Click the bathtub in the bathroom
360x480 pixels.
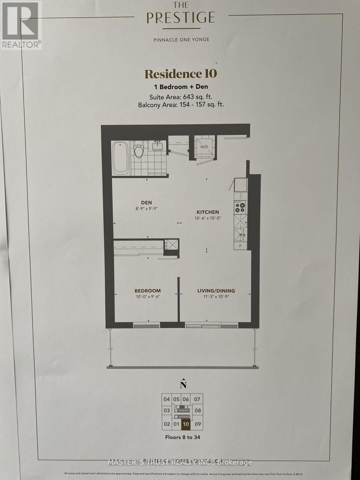121,158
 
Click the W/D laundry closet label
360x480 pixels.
204,147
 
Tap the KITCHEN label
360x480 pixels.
207,212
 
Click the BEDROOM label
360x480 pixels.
148,291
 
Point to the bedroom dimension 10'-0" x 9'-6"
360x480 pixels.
148,297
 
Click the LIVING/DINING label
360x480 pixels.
216,291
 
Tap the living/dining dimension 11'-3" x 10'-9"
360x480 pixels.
216,297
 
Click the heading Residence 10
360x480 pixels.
180,74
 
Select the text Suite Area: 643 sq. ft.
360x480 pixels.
180,97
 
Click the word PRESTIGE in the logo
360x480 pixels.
180,18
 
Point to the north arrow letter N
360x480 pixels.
183,385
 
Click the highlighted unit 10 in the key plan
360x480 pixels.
185,424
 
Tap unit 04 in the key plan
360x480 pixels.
166,399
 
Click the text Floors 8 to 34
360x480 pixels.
182,437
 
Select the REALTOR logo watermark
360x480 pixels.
21,25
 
